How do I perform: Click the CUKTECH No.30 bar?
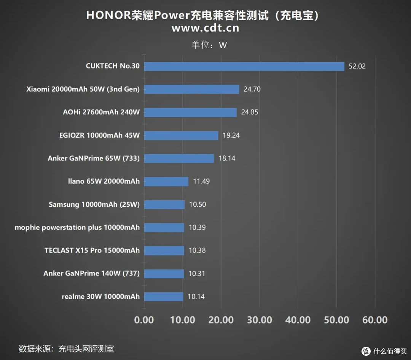point(244,66)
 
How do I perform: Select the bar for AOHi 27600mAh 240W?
point(190,112)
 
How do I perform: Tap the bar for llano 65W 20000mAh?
point(166,181)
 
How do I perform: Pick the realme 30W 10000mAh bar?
point(164,297)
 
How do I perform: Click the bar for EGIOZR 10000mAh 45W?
point(181,135)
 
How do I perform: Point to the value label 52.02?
point(357,66)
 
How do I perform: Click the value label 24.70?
point(252,89)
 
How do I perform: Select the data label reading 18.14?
point(227,159)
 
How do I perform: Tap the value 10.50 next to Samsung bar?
point(198,205)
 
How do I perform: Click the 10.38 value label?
point(197,251)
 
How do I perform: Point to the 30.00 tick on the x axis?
point(260,320)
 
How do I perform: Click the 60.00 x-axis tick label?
point(375,320)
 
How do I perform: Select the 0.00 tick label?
point(144,320)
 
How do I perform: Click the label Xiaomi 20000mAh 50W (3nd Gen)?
point(83,89)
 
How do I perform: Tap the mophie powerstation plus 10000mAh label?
point(77,228)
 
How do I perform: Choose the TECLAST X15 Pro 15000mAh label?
point(92,251)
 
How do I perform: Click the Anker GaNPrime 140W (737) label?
point(91,274)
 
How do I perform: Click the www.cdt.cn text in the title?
point(205,28)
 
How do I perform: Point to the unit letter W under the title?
point(223,45)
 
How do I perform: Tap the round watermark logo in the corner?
point(366,351)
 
